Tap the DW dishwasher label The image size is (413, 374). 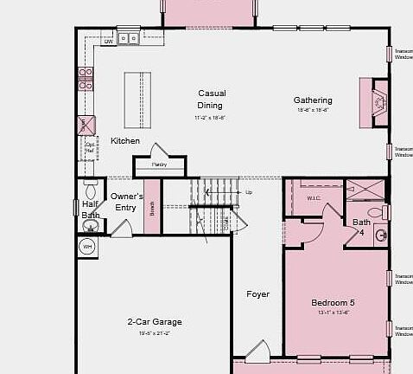(109, 41)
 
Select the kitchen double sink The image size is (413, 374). (130, 38)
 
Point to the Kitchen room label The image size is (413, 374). (125, 140)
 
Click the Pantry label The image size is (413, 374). (160, 164)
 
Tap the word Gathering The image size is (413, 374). (312, 100)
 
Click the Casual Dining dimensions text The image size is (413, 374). (210, 117)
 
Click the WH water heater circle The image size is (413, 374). (87, 247)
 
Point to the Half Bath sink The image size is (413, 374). (91, 226)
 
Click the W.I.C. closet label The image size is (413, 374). (313, 198)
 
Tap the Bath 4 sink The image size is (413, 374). (381, 235)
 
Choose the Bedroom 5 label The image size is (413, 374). (334, 302)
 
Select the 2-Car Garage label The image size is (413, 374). (155, 322)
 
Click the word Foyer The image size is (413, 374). (257, 294)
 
